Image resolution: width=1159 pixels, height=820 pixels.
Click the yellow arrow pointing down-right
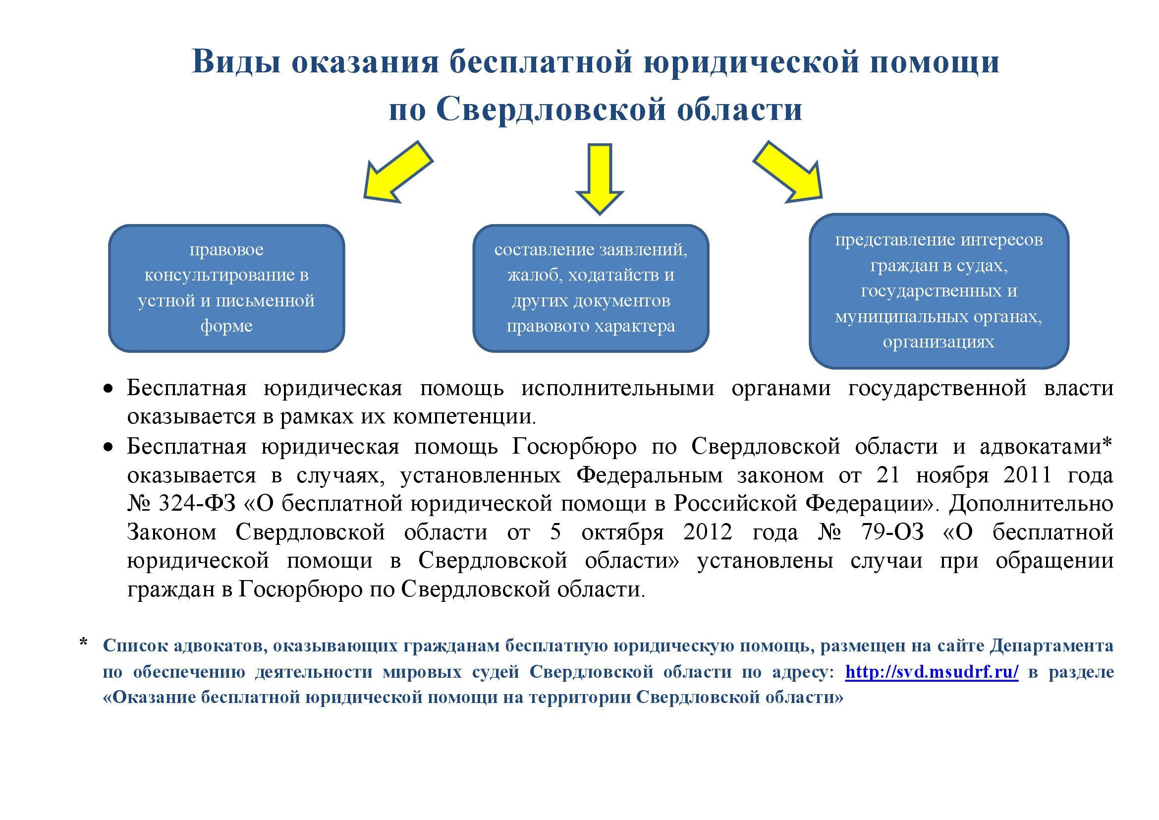(x=790, y=174)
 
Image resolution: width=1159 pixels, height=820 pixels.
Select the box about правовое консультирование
(x=226, y=289)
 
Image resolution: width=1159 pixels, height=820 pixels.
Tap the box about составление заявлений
(x=591, y=289)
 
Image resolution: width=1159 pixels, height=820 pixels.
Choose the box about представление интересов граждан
(x=938, y=291)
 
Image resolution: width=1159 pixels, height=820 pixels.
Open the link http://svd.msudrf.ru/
(x=932, y=672)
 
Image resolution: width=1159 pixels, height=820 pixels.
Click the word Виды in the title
(x=236, y=62)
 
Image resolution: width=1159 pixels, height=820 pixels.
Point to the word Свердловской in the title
(x=551, y=109)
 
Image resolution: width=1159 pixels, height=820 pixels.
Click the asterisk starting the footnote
(x=84, y=644)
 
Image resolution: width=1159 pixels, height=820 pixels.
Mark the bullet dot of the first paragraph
(x=108, y=389)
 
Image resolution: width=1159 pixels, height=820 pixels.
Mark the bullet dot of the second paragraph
(x=108, y=447)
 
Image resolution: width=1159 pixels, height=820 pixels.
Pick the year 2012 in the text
(x=708, y=532)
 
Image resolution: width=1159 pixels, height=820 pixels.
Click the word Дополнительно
(x=1031, y=503)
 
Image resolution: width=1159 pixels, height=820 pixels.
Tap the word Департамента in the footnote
(x=1051, y=646)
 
